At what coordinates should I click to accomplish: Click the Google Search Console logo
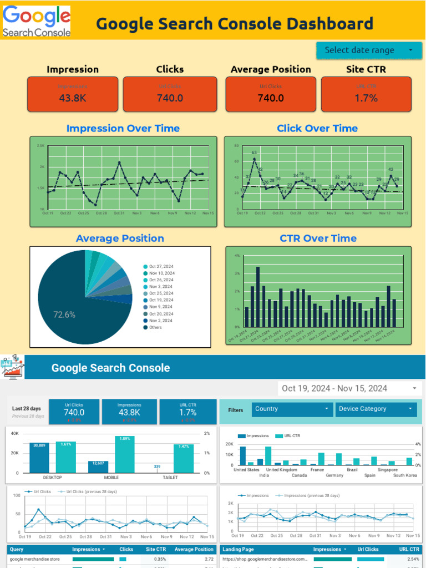(37, 22)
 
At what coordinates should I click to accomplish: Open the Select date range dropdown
(369, 50)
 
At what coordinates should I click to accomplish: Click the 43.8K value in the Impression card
(73, 98)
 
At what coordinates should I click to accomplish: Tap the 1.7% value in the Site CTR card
(366, 98)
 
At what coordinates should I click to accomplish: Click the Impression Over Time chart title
(123, 128)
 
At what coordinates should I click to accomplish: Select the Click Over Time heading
(317, 128)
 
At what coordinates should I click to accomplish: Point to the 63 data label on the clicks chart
(254, 153)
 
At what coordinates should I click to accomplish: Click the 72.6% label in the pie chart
(64, 315)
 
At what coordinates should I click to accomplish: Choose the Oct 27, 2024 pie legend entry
(161, 267)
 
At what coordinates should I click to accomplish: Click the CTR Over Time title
(318, 239)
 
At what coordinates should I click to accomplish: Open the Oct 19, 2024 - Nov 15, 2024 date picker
(349, 388)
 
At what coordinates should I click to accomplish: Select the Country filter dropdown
(292, 409)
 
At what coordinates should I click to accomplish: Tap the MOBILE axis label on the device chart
(111, 478)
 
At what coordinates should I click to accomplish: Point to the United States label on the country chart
(246, 470)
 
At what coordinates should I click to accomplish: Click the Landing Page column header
(238, 549)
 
